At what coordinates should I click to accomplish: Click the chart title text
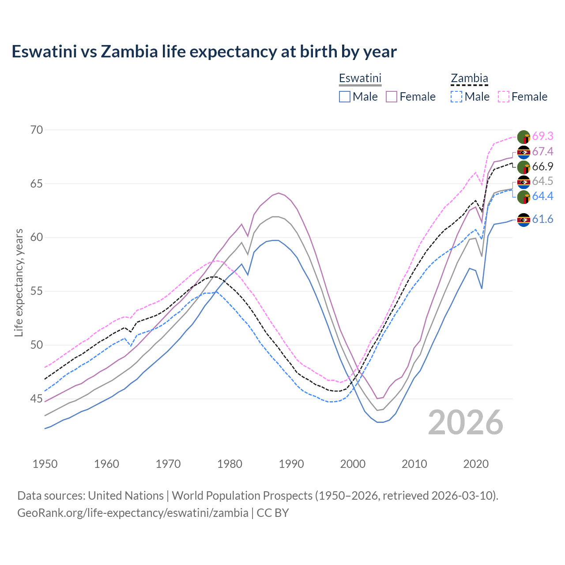(x=204, y=52)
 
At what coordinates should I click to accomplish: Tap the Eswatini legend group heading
(x=360, y=78)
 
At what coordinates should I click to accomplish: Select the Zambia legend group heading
(x=469, y=78)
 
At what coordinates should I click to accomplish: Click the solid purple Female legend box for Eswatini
(x=392, y=97)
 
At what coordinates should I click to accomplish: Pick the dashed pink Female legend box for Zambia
(x=504, y=97)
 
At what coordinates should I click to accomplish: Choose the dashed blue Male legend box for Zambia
(x=456, y=97)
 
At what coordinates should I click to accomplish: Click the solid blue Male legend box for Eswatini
(x=345, y=97)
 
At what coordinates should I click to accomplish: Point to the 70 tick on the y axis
(x=37, y=130)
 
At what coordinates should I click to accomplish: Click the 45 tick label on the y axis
(x=37, y=399)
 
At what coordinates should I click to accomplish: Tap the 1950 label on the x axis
(x=45, y=464)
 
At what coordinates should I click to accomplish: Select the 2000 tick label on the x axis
(x=353, y=464)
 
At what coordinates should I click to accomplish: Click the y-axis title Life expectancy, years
(x=19, y=282)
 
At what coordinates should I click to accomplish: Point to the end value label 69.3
(x=542, y=136)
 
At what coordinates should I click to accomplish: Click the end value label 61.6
(x=542, y=219)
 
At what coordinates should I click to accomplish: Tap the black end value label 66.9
(x=542, y=166)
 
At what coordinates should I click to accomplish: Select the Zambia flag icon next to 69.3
(x=524, y=137)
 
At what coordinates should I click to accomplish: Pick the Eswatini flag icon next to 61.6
(x=524, y=219)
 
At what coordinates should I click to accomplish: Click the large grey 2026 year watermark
(x=465, y=422)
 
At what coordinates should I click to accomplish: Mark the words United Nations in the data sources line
(x=126, y=496)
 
